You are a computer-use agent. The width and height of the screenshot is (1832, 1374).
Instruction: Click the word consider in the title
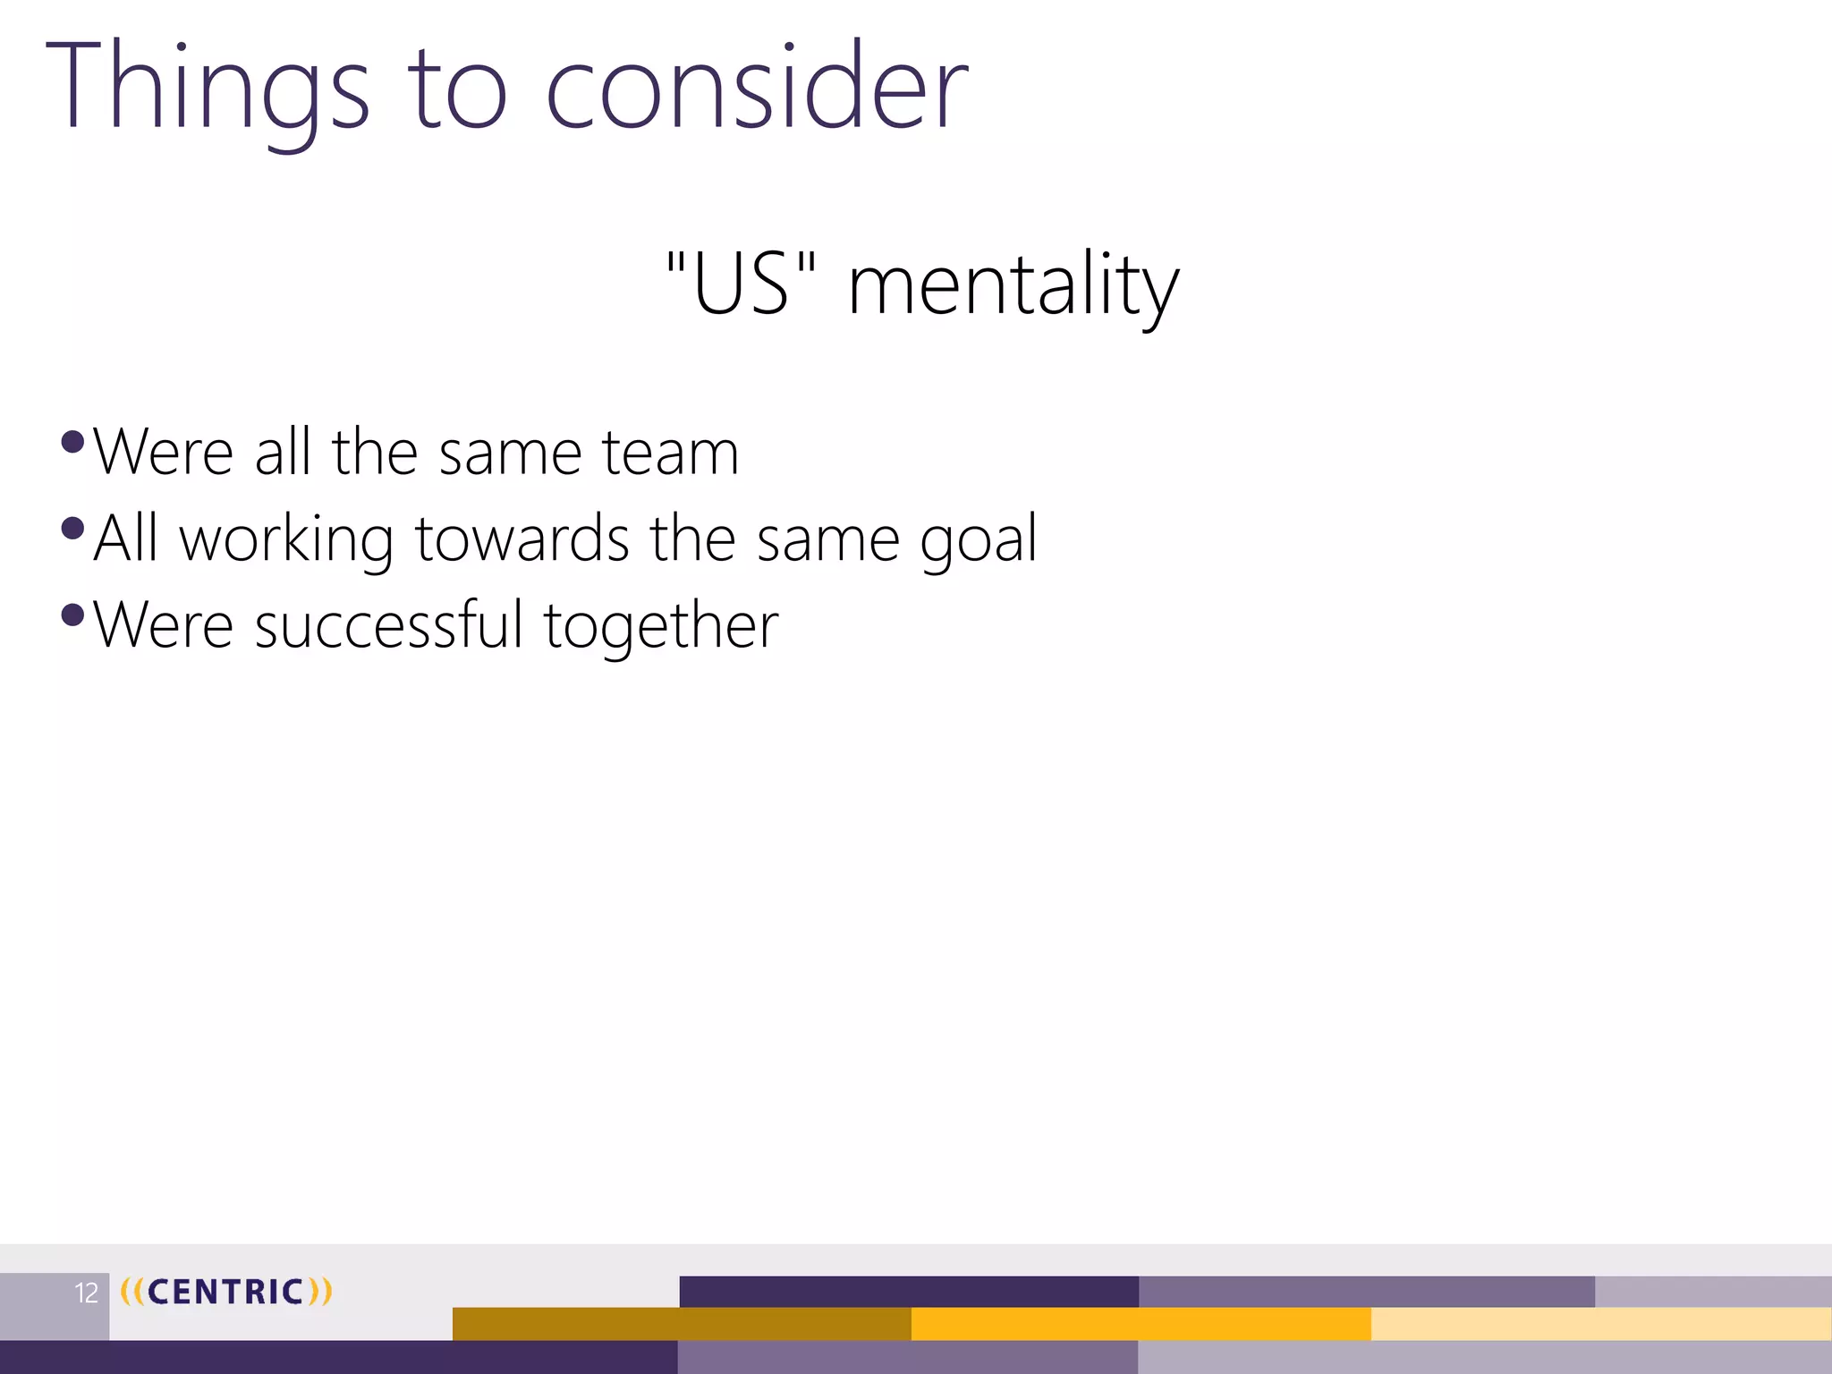(x=757, y=89)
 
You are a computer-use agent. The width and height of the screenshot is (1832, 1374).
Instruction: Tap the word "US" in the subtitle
(x=742, y=284)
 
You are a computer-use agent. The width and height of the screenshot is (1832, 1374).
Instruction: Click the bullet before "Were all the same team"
(x=73, y=442)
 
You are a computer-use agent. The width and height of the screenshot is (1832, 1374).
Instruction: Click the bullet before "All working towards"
(x=73, y=529)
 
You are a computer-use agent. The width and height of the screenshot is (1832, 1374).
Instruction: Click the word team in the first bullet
(x=670, y=453)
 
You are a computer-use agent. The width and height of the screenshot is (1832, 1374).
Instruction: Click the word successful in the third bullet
(x=388, y=625)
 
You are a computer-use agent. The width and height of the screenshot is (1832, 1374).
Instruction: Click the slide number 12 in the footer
(x=86, y=1293)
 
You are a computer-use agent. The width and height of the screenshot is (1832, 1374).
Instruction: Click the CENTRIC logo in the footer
(x=226, y=1292)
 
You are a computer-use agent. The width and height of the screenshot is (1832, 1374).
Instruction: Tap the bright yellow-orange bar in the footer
(x=1141, y=1324)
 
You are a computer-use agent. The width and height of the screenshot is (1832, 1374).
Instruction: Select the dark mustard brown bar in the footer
(x=682, y=1324)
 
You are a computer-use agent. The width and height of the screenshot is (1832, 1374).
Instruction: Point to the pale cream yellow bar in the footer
(x=1601, y=1324)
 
